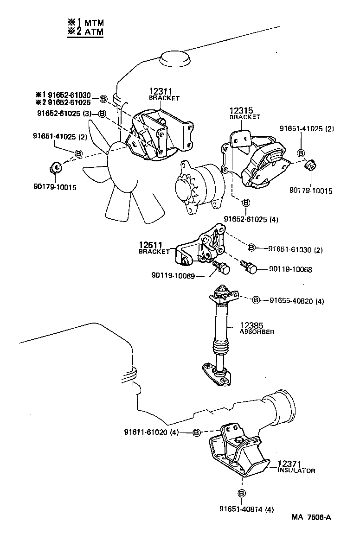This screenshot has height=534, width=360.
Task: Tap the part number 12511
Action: tap(150, 245)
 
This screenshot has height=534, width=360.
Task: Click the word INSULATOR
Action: tap(296, 470)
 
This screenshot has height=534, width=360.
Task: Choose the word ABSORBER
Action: tap(257, 332)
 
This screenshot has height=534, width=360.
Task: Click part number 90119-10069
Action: tap(173, 275)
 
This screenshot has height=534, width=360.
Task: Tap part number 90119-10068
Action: tap(291, 269)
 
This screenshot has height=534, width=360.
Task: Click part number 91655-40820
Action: tap(296, 301)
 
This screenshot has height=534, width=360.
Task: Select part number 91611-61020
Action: tap(151, 432)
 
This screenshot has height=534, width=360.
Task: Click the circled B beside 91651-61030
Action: tap(251, 248)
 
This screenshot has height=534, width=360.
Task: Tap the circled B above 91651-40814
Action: tap(241, 493)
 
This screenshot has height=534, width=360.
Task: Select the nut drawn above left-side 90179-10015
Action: tap(55, 166)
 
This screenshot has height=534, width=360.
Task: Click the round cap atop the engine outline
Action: tap(176, 59)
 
